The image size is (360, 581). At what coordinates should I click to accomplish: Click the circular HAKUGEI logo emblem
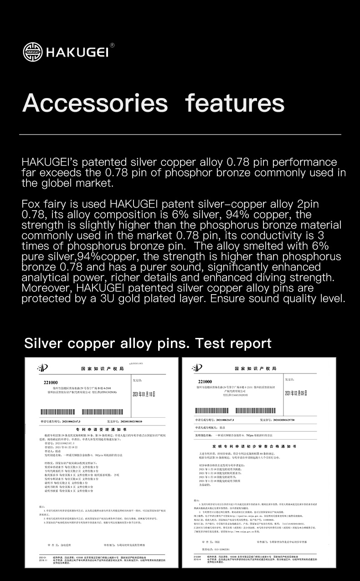32,52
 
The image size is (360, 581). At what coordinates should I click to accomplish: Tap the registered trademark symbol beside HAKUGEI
112,45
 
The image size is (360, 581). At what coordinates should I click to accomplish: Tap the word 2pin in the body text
307,204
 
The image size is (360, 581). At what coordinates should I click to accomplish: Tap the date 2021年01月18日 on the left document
144,394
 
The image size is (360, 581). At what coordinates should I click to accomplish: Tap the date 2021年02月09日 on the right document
296,393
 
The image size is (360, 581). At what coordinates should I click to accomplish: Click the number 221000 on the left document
51,382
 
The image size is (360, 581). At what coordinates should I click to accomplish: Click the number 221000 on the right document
205,381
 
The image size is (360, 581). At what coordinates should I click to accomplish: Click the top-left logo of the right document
197,368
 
